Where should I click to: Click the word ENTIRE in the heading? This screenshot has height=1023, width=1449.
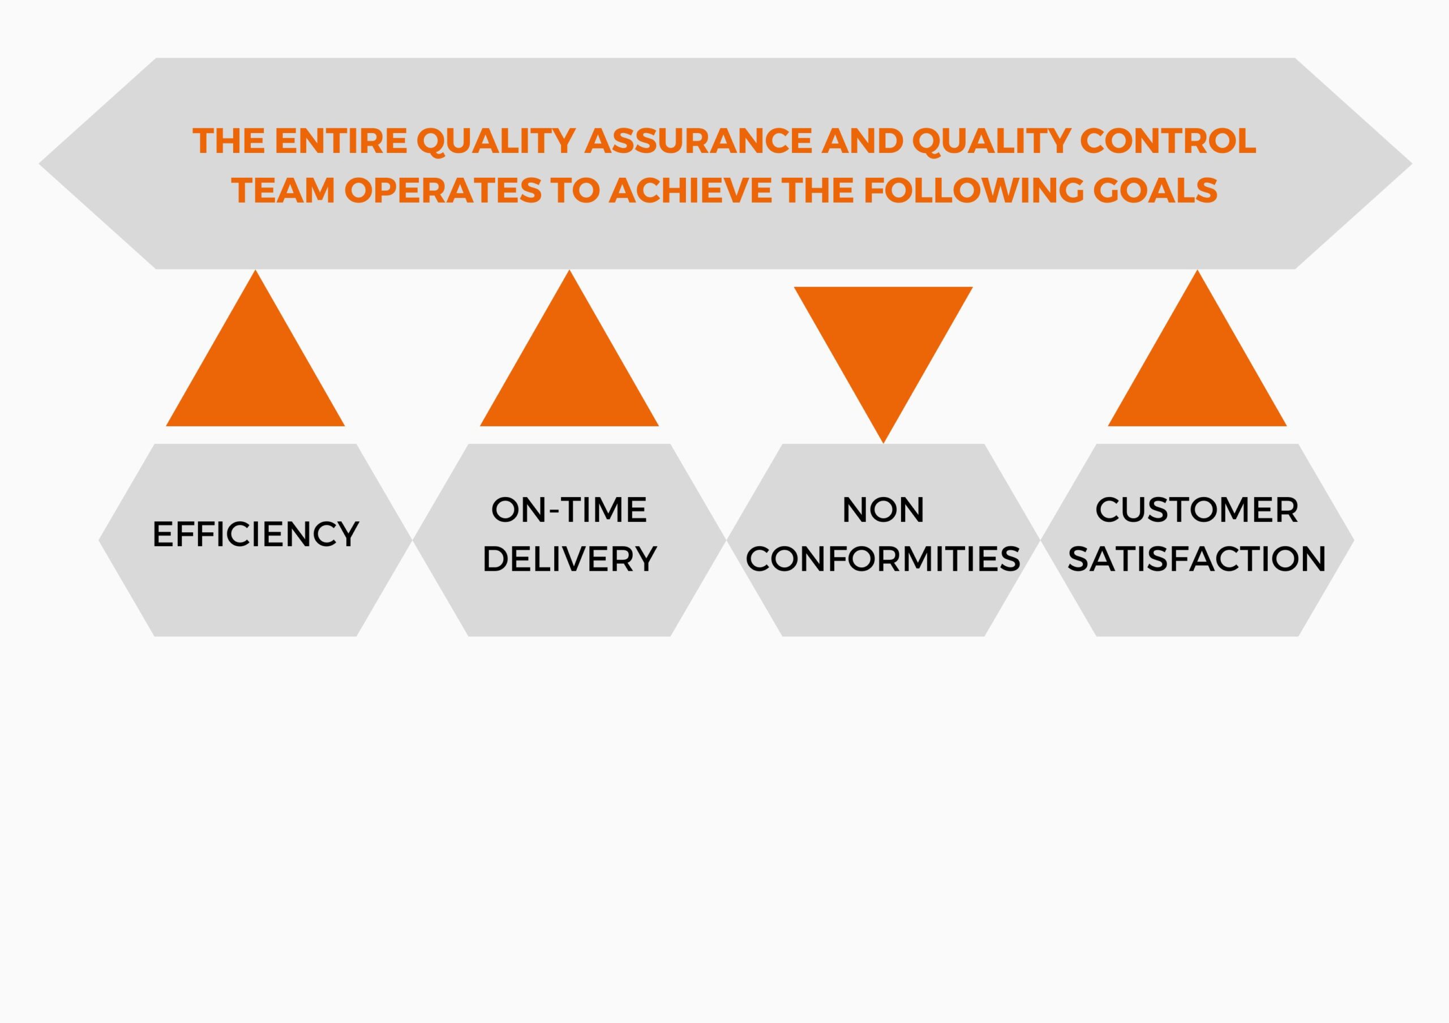[341, 141]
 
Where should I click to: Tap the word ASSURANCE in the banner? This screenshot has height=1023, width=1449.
[698, 141]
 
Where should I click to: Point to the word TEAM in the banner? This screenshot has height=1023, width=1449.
[284, 190]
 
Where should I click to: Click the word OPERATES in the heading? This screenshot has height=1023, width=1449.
[443, 190]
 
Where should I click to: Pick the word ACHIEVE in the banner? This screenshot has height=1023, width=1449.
[691, 190]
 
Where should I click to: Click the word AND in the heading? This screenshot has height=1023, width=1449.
[862, 141]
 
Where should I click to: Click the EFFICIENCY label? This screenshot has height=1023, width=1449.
[256, 534]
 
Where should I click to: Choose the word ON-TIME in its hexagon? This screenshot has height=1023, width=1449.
[569, 510]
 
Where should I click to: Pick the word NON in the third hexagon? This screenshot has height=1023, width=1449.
[883, 510]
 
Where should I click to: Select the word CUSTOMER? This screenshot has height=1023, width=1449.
[1197, 510]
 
